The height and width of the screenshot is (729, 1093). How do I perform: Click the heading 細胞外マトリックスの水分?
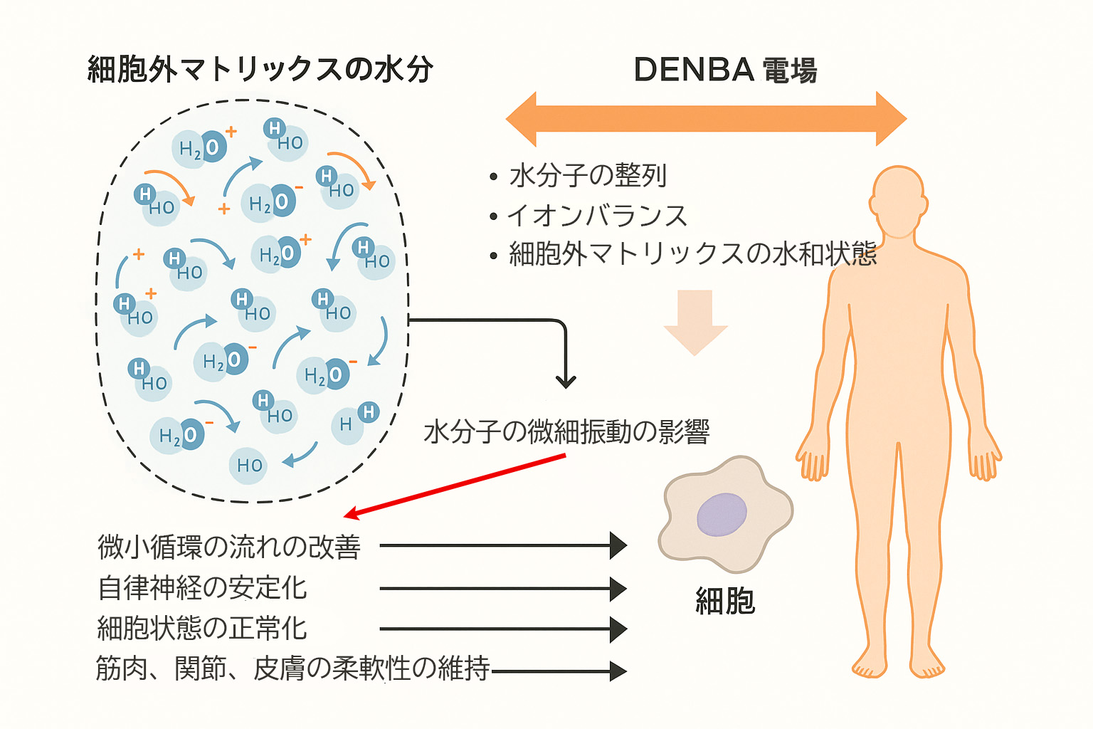coord(260,70)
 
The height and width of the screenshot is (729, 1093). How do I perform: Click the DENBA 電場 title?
coord(724,70)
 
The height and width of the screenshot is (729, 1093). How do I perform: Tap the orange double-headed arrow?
coord(706,119)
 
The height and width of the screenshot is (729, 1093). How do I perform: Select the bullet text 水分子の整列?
coord(588,175)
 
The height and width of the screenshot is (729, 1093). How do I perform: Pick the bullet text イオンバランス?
coord(596,215)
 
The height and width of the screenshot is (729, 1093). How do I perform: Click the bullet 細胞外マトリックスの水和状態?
coord(692,254)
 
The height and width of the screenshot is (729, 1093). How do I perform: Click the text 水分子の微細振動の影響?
coord(566,431)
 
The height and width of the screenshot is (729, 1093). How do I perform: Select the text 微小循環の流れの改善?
coord(229,547)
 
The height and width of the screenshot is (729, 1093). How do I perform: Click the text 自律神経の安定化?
coord(202,588)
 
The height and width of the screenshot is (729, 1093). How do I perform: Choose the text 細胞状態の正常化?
coord(202,629)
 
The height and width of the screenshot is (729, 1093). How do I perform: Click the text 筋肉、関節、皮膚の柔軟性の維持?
coord(292,668)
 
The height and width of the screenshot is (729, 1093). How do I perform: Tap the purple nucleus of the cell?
coord(722,514)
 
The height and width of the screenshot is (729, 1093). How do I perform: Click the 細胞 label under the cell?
coord(724,602)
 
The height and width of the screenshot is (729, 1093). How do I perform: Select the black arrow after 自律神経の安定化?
coord(502,589)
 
